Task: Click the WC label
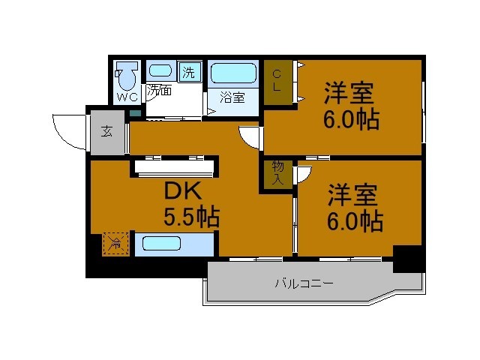pos(127,97)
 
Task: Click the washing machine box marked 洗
pos(190,73)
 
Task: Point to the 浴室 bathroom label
pos(232,97)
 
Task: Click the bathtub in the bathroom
pos(232,73)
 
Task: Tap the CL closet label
pos(277,80)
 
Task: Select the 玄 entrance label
pos(107,133)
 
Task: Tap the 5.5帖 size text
pos(191,217)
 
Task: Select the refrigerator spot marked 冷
pos(115,243)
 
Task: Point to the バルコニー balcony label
pos(303,283)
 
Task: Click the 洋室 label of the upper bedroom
pos(349,94)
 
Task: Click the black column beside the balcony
pos(409,258)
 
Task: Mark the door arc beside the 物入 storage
pos(303,174)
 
